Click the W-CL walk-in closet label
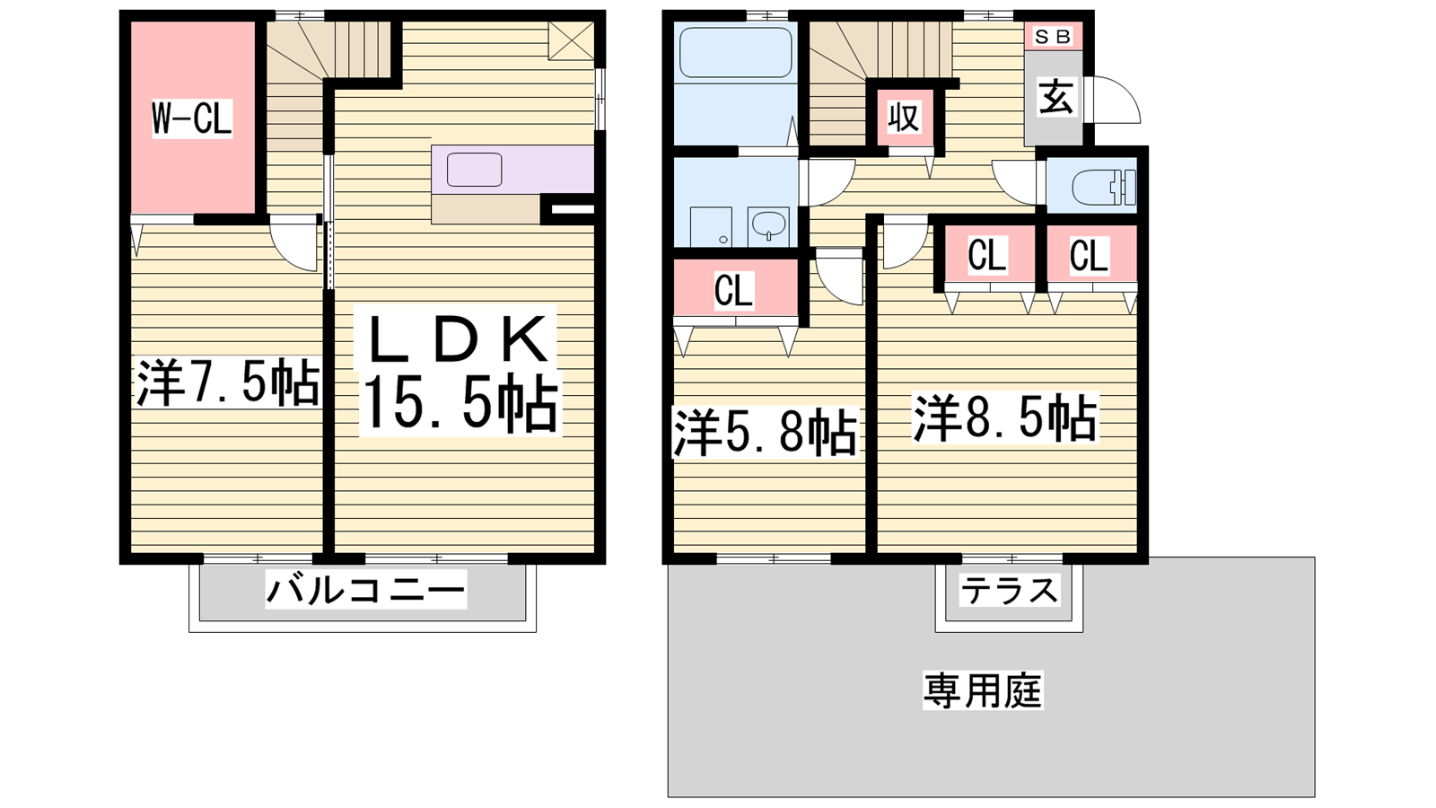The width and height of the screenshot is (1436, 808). point(191,118)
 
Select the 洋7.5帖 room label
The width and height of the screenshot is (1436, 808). point(228,383)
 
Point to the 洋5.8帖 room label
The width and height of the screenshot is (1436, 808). point(765,434)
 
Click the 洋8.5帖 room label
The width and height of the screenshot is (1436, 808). point(1005,418)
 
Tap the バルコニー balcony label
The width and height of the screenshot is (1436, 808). point(365,590)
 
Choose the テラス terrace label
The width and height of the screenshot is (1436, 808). point(1009,590)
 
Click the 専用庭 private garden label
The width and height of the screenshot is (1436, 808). point(983,690)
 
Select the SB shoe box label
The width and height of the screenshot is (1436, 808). point(1052,37)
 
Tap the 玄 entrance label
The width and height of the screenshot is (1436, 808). point(1055,98)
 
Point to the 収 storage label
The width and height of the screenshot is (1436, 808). point(904,117)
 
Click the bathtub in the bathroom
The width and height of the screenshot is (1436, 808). point(735,53)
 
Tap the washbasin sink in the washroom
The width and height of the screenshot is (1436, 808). point(768,225)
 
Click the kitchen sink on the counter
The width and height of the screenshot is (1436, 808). point(474,170)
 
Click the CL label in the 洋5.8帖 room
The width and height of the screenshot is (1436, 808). point(733,291)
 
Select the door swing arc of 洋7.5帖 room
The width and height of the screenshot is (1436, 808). point(294,245)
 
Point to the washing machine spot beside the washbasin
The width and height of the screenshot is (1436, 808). point(711,227)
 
